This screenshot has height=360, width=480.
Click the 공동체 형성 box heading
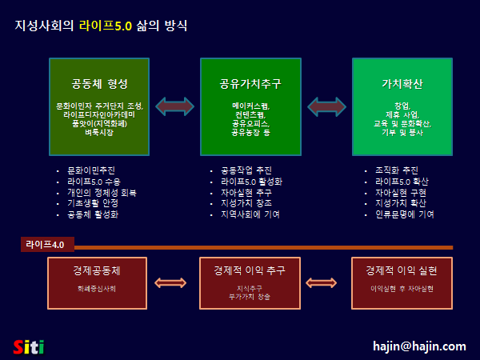point(99,83)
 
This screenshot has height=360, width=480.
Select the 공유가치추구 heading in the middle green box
point(250,83)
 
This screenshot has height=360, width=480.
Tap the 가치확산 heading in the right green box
point(402,83)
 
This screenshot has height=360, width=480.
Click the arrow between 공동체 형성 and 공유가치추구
point(174,106)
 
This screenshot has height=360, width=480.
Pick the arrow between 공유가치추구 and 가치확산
point(326,106)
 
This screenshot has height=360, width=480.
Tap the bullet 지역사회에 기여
point(250,215)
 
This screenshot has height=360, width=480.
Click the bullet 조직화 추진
point(396,170)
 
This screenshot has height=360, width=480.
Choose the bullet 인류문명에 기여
point(404,215)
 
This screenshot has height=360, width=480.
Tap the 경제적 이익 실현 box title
point(402,270)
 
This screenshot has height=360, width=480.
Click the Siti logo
point(29,346)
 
